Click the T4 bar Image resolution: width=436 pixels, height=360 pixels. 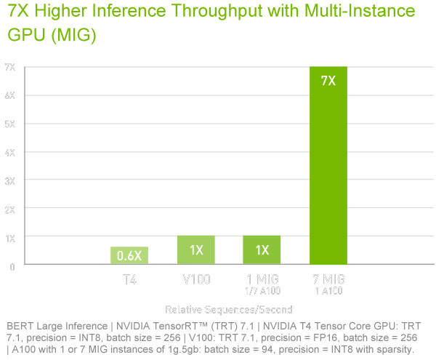pyautogui.click(x=129, y=256)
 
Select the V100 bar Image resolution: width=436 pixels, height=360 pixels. pyautogui.click(x=195, y=250)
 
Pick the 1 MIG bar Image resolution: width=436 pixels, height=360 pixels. pyautogui.click(x=262, y=250)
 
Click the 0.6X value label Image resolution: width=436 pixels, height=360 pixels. pyautogui.click(x=129, y=256)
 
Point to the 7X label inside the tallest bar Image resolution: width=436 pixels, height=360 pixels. pyautogui.click(x=328, y=81)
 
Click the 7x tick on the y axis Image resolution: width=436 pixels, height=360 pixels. pyautogui.click(x=10, y=67)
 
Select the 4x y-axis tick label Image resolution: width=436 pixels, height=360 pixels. pyautogui.click(x=10, y=152)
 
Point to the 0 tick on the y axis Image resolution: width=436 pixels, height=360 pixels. pyautogui.click(x=12, y=266)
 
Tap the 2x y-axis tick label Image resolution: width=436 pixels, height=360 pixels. pyautogui.click(x=10, y=209)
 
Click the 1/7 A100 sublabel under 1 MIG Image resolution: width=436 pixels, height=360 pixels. pyautogui.click(x=262, y=291)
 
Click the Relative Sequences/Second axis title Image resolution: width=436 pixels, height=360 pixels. pyautogui.click(x=228, y=309)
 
